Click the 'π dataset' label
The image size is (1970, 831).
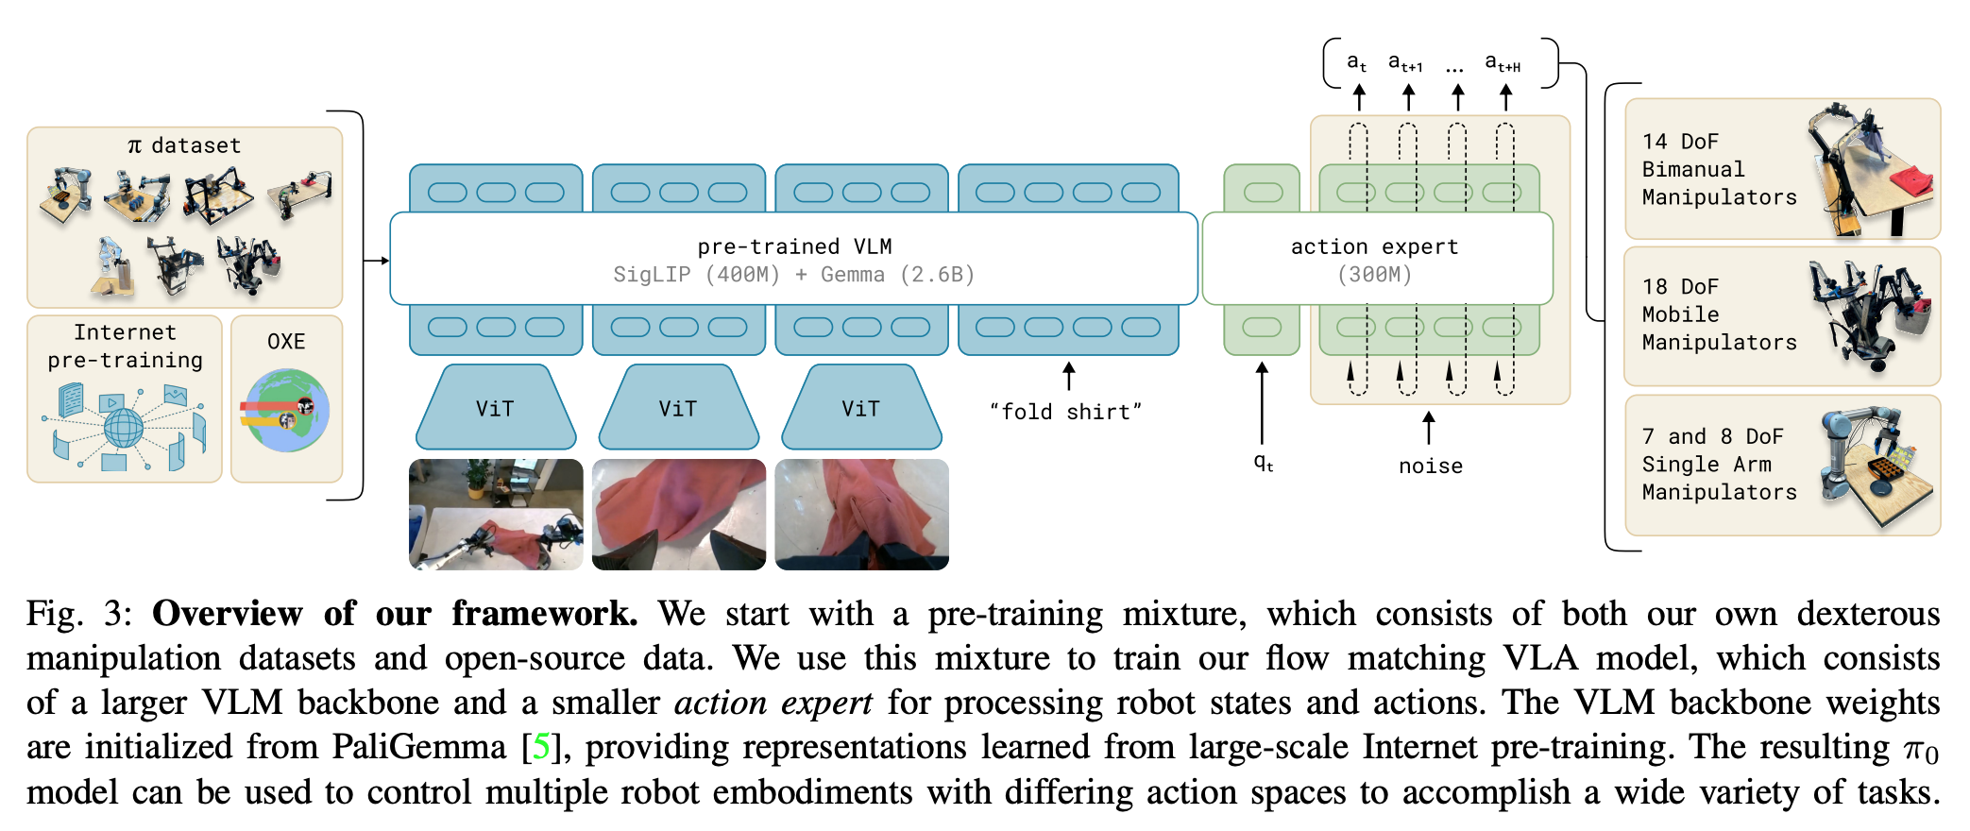tap(184, 145)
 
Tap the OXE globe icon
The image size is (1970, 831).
tap(285, 411)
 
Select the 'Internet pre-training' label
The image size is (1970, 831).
tap(126, 346)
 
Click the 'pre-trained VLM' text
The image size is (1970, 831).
tap(794, 246)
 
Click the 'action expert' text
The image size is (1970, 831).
tap(1374, 246)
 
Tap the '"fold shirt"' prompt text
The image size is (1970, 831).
tap(1065, 412)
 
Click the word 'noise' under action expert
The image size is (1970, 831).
tap(1430, 466)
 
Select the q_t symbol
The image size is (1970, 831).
tap(1264, 462)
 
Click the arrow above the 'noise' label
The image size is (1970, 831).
tap(1429, 427)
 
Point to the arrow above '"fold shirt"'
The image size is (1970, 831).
tap(1068, 375)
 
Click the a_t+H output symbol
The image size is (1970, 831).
tap(1503, 63)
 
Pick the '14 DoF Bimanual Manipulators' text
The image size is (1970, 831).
tap(1719, 169)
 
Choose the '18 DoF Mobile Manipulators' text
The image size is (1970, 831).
tap(1719, 314)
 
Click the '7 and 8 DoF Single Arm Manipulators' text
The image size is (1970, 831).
tap(1719, 464)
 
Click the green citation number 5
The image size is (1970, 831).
tap(541, 747)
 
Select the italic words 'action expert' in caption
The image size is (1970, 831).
tap(773, 703)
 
